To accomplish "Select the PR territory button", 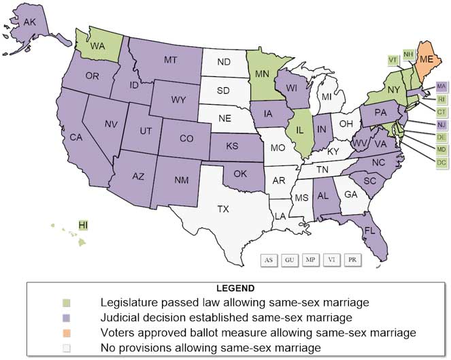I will coord(352,260).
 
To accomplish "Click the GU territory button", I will coord(290,260).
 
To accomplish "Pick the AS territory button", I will coord(269,260).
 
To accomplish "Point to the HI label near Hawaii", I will coord(83,225).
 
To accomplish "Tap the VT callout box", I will coord(392,59).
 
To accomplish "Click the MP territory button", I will coord(311,260).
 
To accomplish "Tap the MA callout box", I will coord(441,87).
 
